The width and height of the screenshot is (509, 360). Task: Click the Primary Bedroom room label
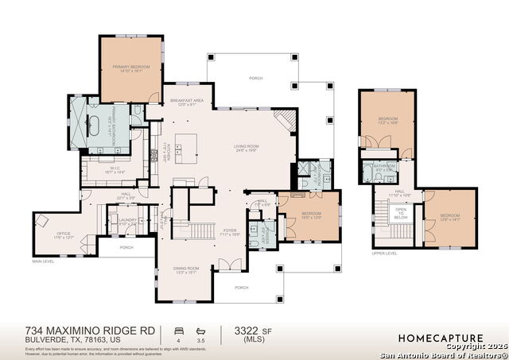pyautogui.click(x=131, y=68)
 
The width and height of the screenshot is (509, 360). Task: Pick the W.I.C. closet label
pyautogui.click(x=115, y=169)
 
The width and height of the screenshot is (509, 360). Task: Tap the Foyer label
pyautogui.click(x=231, y=232)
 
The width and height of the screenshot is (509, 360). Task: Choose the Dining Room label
pyautogui.click(x=185, y=270)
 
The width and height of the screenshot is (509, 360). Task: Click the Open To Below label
pyautogui.click(x=401, y=214)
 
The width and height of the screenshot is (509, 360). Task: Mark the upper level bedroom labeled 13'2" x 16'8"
pyautogui.click(x=387, y=122)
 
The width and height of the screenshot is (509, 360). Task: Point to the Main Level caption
pyautogui.click(x=44, y=261)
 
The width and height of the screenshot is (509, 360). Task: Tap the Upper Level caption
pyautogui.click(x=384, y=254)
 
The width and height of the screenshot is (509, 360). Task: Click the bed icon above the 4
pyautogui.click(x=177, y=328)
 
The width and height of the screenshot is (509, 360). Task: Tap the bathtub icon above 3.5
pyautogui.click(x=200, y=328)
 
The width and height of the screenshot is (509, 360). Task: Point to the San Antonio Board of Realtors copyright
pyautogui.click(x=443, y=354)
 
